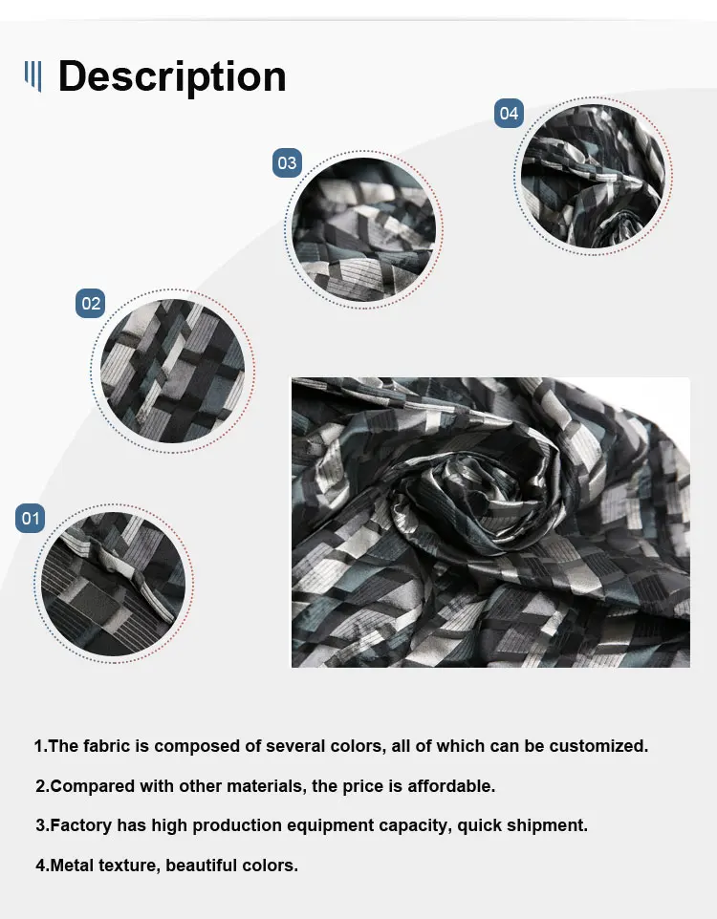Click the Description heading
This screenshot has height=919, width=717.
(x=172, y=76)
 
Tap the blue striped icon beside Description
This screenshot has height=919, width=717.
(x=33, y=76)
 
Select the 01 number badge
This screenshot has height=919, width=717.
(x=30, y=518)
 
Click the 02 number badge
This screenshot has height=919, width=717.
(x=91, y=303)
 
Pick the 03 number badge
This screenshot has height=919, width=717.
(x=287, y=162)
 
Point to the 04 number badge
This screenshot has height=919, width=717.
(x=509, y=113)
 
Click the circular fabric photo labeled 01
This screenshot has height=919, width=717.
(x=113, y=584)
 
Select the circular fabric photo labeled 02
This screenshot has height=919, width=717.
(x=172, y=371)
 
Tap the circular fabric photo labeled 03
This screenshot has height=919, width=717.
(x=364, y=229)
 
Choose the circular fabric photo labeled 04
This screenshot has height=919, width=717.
(x=593, y=176)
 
